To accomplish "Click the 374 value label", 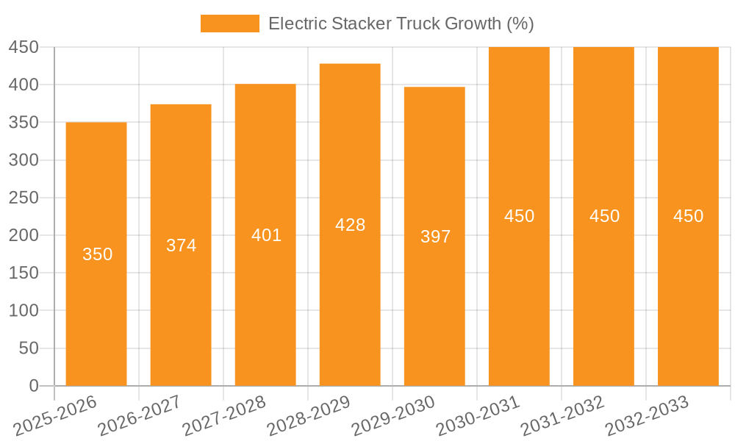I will point(181,245).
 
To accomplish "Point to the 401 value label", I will point(266,235).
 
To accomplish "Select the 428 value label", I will point(350,225).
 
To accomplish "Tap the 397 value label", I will point(435,237).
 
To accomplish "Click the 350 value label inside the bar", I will point(97,254).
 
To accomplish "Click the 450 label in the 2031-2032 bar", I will point(604,216).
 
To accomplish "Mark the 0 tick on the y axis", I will point(33,386).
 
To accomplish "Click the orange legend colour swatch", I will point(229,24).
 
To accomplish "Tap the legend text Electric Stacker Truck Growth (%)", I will point(401,24).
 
